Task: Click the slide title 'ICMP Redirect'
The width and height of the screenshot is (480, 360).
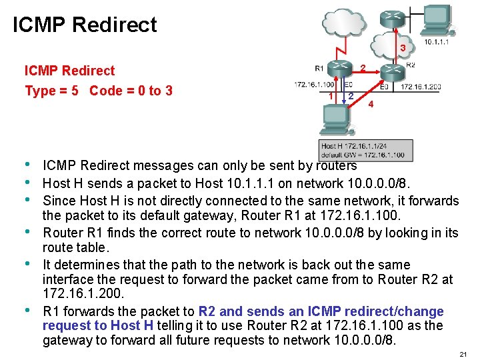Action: pyautogui.click(x=85, y=25)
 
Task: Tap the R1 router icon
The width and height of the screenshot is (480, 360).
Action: pyautogui.click(x=341, y=67)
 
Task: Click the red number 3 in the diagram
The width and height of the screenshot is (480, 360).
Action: pyautogui.click(x=403, y=48)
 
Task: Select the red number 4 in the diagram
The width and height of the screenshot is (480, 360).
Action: pyautogui.click(x=371, y=105)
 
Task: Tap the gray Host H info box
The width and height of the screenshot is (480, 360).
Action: pyautogui.click(x=366, y=150)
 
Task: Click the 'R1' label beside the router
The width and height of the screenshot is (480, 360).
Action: pyautogui.click(x=319, y=67)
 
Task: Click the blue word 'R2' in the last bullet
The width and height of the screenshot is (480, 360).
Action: pyautogui.click(x=207, y=311)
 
